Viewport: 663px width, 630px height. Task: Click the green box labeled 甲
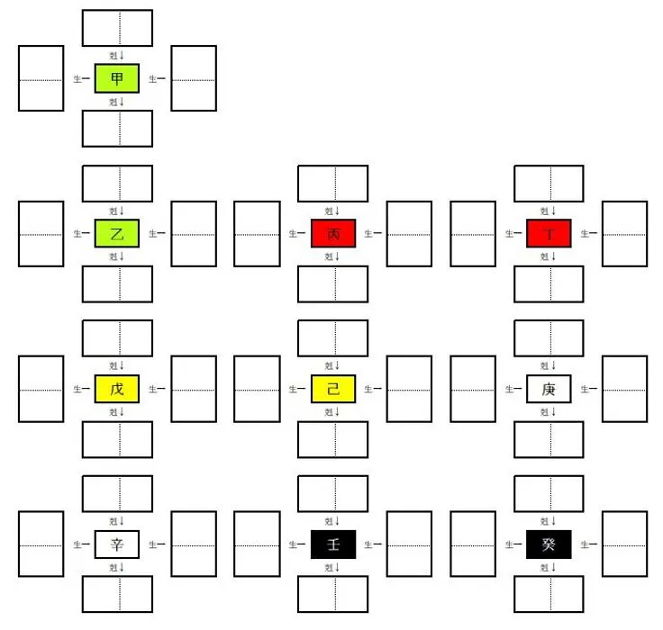point(117,78)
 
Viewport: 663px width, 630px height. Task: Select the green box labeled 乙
point(117,234)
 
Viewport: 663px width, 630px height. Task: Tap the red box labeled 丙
point(333,234)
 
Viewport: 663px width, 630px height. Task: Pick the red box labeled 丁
point(549,234)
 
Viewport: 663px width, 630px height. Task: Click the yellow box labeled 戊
point(117,389)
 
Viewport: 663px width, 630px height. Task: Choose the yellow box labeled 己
point(333,389)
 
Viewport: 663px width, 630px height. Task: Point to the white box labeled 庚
point(549,389)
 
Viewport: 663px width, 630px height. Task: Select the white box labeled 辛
point(117,544)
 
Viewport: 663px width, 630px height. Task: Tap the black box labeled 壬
point(333,544)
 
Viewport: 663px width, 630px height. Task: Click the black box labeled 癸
point(549,544)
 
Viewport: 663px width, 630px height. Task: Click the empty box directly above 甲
point(117,28)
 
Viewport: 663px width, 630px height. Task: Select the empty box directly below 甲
point(117,128)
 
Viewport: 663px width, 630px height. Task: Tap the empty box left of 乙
point(41,234)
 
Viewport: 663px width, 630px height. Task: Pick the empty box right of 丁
point(624,234)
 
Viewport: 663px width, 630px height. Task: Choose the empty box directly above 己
point(333,338)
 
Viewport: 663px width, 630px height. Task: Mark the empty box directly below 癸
point(549,594)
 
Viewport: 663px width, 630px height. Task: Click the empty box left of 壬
point(257,544)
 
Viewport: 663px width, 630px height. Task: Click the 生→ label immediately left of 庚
point(514,390)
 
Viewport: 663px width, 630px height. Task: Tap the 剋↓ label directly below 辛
point(117,567)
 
